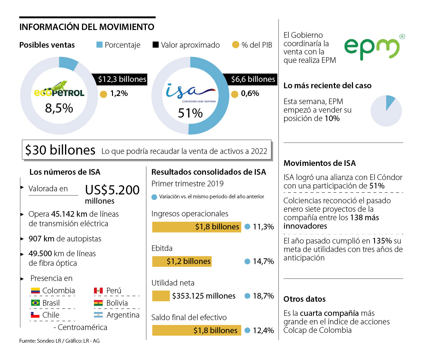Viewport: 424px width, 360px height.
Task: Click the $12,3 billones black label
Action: (122, 79)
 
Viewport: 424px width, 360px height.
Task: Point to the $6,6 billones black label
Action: (253, 79)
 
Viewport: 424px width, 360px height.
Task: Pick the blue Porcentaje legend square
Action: (100, 45)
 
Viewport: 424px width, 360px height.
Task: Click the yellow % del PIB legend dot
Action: (236, 45)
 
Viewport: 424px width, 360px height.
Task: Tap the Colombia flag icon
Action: (35, 291)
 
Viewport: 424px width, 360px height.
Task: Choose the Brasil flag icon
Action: (35, 303)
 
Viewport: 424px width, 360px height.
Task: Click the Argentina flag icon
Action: (98, 315)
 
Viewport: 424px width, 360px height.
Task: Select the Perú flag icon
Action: (98, 291)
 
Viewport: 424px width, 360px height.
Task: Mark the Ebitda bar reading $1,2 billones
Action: (182, 262)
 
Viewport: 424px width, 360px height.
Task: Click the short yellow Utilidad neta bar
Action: (161, 296)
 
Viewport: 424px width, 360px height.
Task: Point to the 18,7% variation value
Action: (263, 296)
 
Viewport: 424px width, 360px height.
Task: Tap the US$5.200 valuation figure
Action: (112, 190)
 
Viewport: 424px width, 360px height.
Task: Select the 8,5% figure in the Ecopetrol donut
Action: (59, 108)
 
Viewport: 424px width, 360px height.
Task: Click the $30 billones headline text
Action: (60, 150)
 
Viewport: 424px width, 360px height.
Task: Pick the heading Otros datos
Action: (305, 299)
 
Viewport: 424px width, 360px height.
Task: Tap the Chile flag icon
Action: (35, 315)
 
